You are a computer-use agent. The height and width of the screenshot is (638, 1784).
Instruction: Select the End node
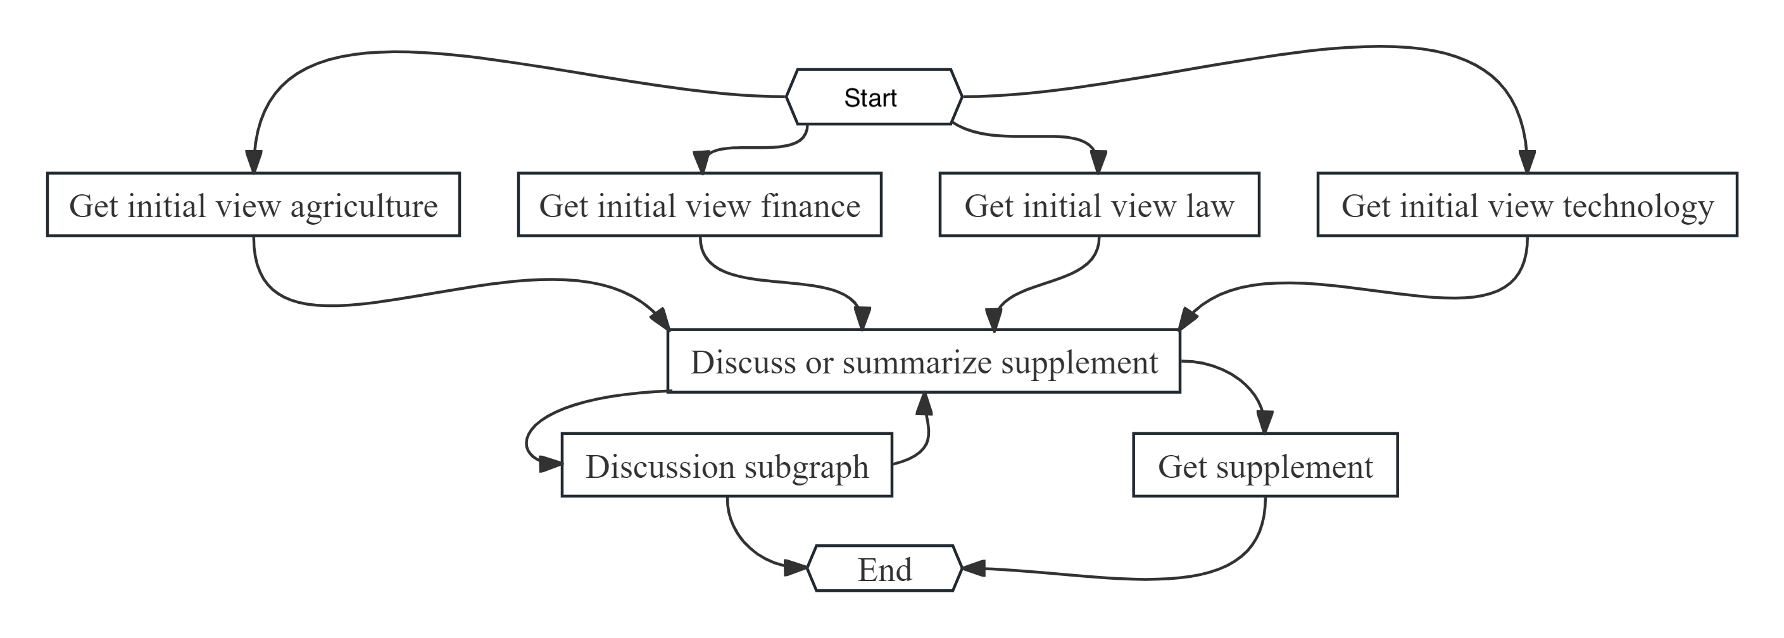tap(884, 569)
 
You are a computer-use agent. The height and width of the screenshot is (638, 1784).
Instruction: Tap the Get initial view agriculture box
tap(253, 205)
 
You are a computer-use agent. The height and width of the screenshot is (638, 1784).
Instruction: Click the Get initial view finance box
tap(700, 205)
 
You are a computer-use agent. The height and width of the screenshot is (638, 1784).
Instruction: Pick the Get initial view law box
tap(1098, 205)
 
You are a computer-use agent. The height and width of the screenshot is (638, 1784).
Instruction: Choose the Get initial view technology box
tap(1526, 205)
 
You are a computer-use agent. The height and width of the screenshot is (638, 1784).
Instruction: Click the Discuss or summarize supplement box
tap(923, 361)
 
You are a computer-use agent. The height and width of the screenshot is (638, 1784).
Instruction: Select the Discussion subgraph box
tap(727, 465)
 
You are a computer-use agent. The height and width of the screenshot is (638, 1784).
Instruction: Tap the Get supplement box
tap(1265, 465)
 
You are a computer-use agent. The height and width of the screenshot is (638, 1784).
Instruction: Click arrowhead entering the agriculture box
tap(253, 161)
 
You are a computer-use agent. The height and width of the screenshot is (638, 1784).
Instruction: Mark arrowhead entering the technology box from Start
tap(1527, 161)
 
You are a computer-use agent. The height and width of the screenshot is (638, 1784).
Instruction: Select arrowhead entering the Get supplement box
tap(1265, 422)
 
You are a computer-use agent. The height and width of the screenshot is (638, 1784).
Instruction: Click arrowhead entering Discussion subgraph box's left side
tap(551, 464)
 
